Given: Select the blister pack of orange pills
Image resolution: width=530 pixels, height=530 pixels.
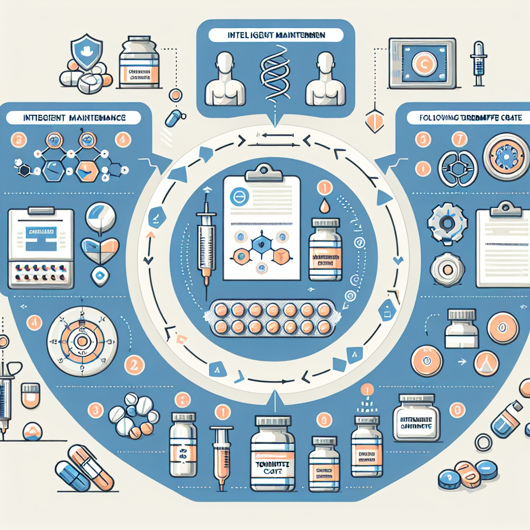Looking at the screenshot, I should [273, 318].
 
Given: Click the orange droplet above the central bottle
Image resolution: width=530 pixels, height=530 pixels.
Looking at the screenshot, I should [325, 205].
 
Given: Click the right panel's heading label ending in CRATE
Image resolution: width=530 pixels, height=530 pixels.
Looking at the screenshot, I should [470, 118].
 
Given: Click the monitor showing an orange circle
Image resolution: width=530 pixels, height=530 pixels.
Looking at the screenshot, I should [423, 63].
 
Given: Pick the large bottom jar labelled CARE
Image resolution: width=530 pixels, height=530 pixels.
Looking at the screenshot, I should [273, 456].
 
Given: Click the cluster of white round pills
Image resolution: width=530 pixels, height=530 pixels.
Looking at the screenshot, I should [134, 414].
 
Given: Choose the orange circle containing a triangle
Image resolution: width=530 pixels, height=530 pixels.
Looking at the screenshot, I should [485, 364].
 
